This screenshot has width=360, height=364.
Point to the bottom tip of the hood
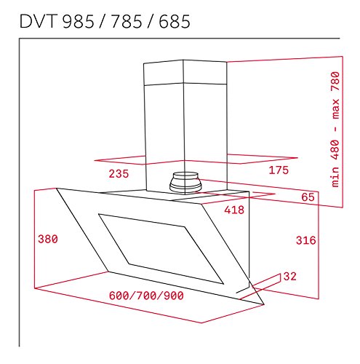259,304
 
